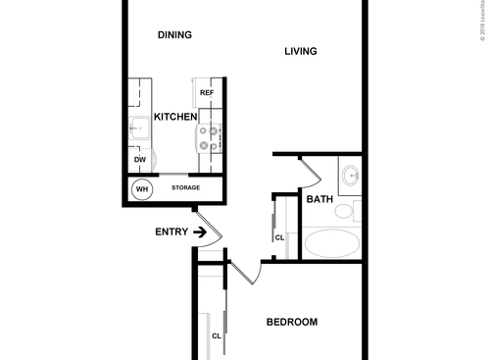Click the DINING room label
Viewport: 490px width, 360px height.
pyautogui.click(x=174, y=35)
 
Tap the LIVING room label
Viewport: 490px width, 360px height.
pyautogui.click(x=301, y=51)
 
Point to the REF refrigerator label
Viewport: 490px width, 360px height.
pyautogui.click(x=207, y=93)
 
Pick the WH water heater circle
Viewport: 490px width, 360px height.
pyautogui.click(x=142, y=187)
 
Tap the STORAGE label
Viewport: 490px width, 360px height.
pyautogui.click(x=186, y=187)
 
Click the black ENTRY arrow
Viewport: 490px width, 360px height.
pyautogui.click(x=200, y=232)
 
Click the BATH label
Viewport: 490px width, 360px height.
pyautogui.click(x=319, y=200)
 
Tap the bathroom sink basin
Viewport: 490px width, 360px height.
pyautogui.click(x=351, y=178)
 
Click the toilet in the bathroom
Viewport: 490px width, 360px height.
pyautogui.click(x=356, y=209)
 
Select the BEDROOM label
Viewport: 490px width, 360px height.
pyautogui.click(x=292, y=323)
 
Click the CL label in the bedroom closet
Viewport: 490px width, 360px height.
pyautogui.click(x=217, y=335)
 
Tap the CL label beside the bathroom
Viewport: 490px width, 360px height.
pyautogui.click(x=279, y=236)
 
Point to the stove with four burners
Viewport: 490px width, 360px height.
pyautogui.click(x=210, y=137)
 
